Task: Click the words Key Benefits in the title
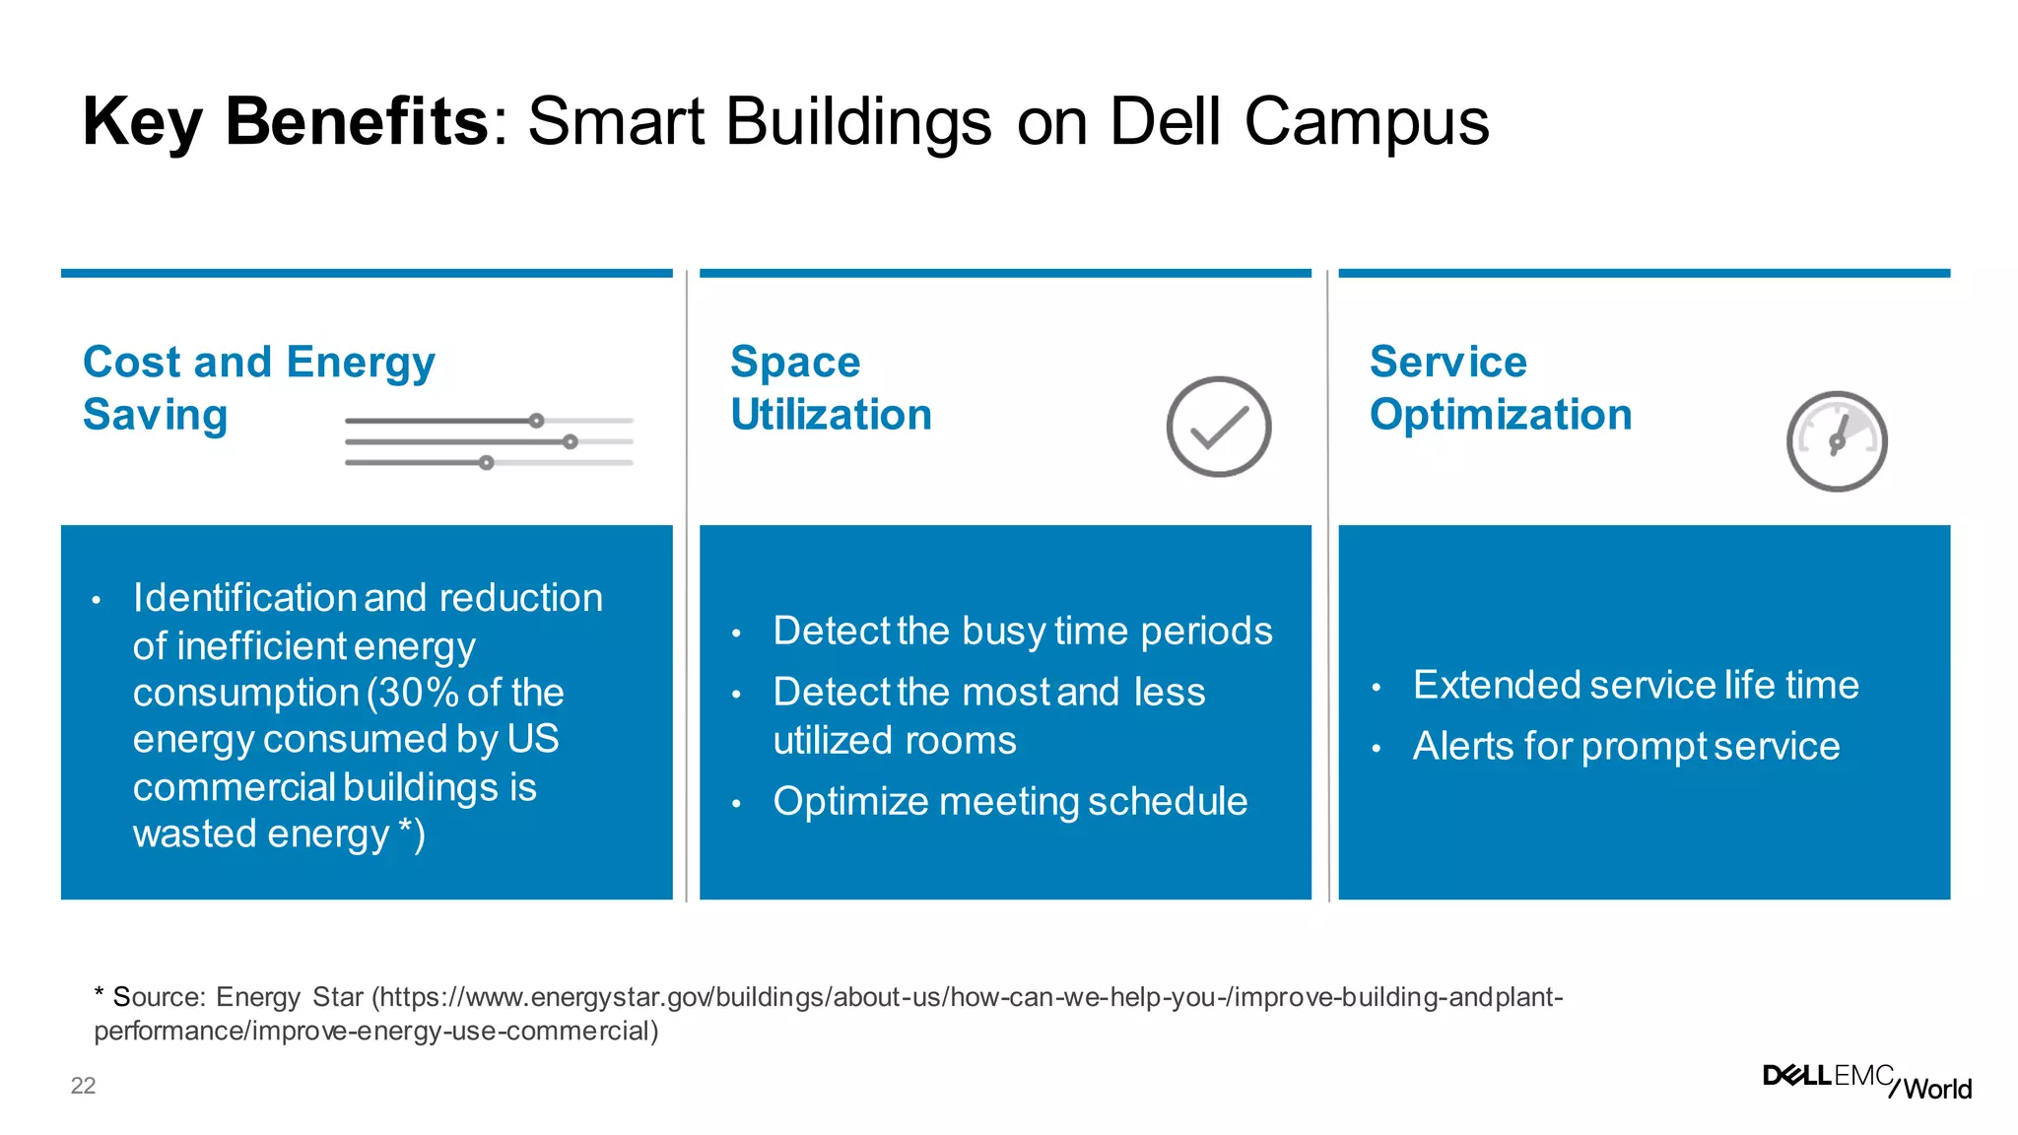(285, 122)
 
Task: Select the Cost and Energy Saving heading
(258, 387)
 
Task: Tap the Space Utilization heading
(831, 387)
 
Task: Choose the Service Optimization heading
(1500, 387)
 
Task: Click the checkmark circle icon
(1218, 427)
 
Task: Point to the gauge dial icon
(1837, 441)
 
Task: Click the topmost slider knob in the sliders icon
(536, 421)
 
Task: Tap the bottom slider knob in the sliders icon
(486, 462)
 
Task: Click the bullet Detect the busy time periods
(1022, 631)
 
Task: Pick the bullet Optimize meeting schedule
(1009, 801)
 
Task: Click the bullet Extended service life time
(1635, 685)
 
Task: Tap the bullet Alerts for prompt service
(1626, 746)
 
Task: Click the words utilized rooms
(894, 740)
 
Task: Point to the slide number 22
(83, 1086)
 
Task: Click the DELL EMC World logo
(1866, 1081)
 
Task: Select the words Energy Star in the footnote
(289, 997)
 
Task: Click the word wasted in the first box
(195, 835)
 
